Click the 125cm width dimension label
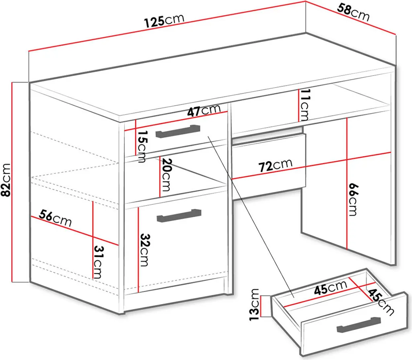(x=165, y=21)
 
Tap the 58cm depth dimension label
(x=353, y=12)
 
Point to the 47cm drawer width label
(x=204, y=110)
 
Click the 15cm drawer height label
(x=142, y=146)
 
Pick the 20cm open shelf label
(x=166, y=175)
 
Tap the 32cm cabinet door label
(x=144, y=250)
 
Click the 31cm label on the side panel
(x=98, y=262)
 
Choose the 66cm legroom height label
(x=353, y=200)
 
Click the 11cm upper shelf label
(x=305, y=104)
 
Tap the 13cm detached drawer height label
(x=254, y=304)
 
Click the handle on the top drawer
(x=178, y=131)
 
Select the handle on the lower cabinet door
(x=179, y=216)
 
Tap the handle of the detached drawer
(x=358, y=324)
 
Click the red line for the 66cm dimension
(x=347, y=183)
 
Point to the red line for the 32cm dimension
(x=138, y=250)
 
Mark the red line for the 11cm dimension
(x=299, y=105)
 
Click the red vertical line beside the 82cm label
(x=12, y=182)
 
